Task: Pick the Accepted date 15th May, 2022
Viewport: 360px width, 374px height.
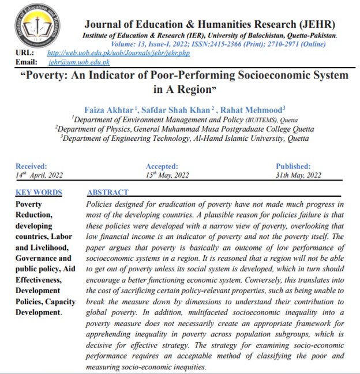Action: (167, 174)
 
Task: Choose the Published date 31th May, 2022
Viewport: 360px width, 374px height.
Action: (298, 174)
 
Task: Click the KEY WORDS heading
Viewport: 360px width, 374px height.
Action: (39, 192)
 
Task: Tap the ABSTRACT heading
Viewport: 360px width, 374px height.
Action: (108, 192)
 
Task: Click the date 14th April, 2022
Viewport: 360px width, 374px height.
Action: (39, 174)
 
